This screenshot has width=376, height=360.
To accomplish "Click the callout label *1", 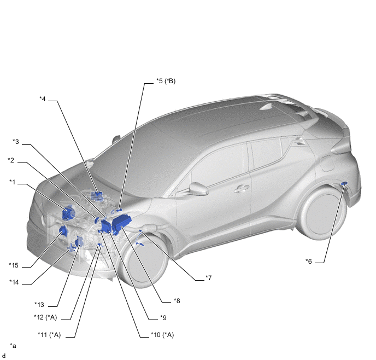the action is click(x=12, y=182).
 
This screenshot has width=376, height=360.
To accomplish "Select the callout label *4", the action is click(x=43, y=98).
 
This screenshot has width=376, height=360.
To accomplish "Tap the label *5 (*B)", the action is click(x=166, y=81).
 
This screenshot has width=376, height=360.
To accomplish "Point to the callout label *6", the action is click(x=309, y=261).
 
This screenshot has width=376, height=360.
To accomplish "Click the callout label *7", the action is click(x=208, y=278).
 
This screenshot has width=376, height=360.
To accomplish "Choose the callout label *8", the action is click(x=177, y=301).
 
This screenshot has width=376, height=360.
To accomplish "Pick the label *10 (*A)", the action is click(x=162, y=335).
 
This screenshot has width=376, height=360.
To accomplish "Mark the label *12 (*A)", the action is click(x=45, y=317).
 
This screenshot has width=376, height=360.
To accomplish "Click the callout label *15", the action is click(x=14, y=265).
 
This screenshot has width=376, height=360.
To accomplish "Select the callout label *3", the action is click(x=16, y=142).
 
